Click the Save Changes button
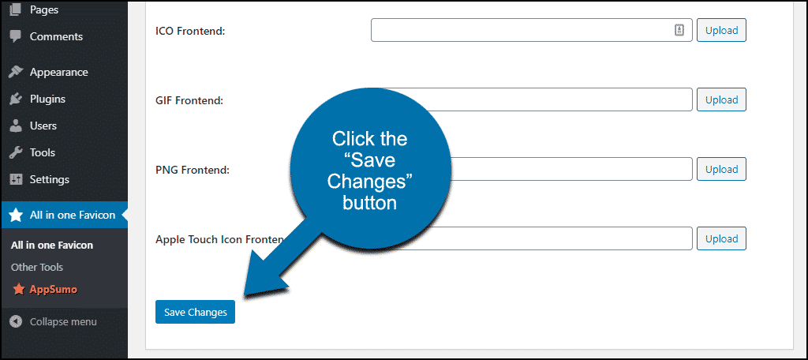point(195,312)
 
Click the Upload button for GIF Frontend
point(721,99)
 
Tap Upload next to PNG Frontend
point(721,169)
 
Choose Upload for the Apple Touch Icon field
point(721,238)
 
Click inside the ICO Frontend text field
point(521,30)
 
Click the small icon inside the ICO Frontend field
point(679,30)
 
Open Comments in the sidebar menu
point(56,36)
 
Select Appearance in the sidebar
point(58,72)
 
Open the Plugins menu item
point(47,99)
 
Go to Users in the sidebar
point(43,126)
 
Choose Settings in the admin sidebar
point(50,179)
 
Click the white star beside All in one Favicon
point(16,215)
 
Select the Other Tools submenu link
point(37,267)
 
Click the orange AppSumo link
point(53,289)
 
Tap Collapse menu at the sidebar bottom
point(63,322)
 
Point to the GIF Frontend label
point(189,100)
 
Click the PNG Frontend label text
point(193,170)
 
